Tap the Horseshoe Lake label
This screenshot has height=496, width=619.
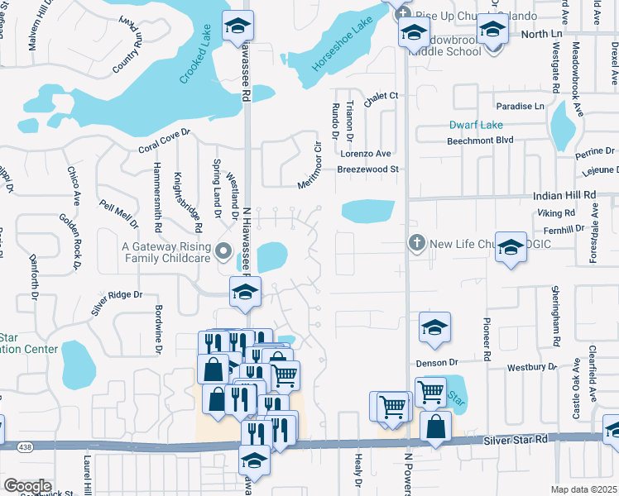point(339,49)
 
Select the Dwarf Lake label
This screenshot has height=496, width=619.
point(476,126)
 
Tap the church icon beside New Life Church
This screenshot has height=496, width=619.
point(417,244)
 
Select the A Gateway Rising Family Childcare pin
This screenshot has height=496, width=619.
point(223,250)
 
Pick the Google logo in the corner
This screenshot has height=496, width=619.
point(27,486)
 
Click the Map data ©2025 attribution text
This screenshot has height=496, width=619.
point(583,489)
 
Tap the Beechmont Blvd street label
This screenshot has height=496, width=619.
point(505,141)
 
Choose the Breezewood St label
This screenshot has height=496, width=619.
point(367,169)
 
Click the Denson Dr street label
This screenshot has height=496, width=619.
point(437,362)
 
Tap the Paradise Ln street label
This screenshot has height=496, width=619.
point(521,107)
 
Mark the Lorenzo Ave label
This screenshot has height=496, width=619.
point(365,154)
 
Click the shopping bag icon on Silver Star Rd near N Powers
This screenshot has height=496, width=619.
point(435,427)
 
